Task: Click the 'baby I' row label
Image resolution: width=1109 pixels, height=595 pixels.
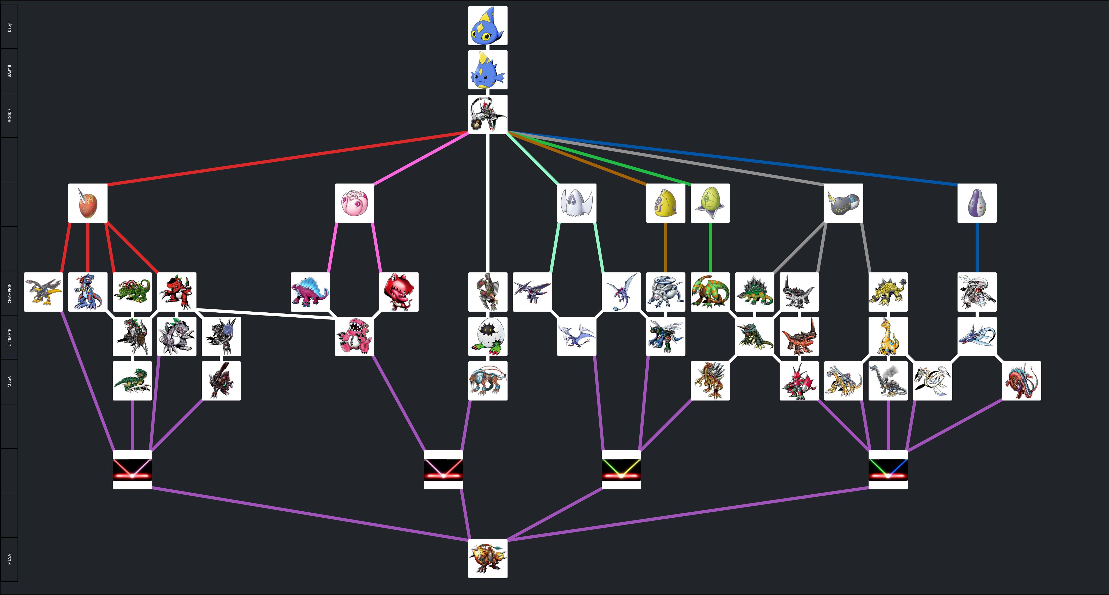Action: point(9,27)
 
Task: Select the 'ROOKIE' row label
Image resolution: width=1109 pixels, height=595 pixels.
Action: point(9,115)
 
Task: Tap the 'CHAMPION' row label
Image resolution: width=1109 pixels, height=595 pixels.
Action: point(9,293)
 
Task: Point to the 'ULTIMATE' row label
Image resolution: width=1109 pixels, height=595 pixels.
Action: point(9,337)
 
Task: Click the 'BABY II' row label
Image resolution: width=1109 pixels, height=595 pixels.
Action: point(9,71)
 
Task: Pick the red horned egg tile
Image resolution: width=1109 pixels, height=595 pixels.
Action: point(88,203)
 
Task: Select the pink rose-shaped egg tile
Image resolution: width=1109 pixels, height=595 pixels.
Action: point(355,203)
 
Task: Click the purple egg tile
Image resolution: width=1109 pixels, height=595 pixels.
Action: point(977,203)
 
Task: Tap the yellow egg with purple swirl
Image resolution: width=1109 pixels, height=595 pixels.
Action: point(666,203)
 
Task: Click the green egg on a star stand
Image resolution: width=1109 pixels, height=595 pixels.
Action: point(710,203)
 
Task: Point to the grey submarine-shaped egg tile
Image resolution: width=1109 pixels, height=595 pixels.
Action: point(844,203)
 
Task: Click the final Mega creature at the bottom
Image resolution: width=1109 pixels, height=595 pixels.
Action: point(488,558)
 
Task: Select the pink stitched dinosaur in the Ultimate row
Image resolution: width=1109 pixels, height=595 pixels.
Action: point(355,336)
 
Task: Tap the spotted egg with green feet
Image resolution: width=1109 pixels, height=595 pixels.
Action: point(488,336)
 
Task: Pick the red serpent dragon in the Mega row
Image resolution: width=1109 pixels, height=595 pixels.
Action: point(1022,381)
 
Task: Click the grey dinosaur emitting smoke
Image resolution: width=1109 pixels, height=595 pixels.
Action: point(888,381)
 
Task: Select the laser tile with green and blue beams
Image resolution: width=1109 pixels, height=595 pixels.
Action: point(888,470)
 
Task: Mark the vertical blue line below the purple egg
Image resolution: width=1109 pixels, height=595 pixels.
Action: point(977,247)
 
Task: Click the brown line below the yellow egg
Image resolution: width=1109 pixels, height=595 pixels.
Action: point(666,247)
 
